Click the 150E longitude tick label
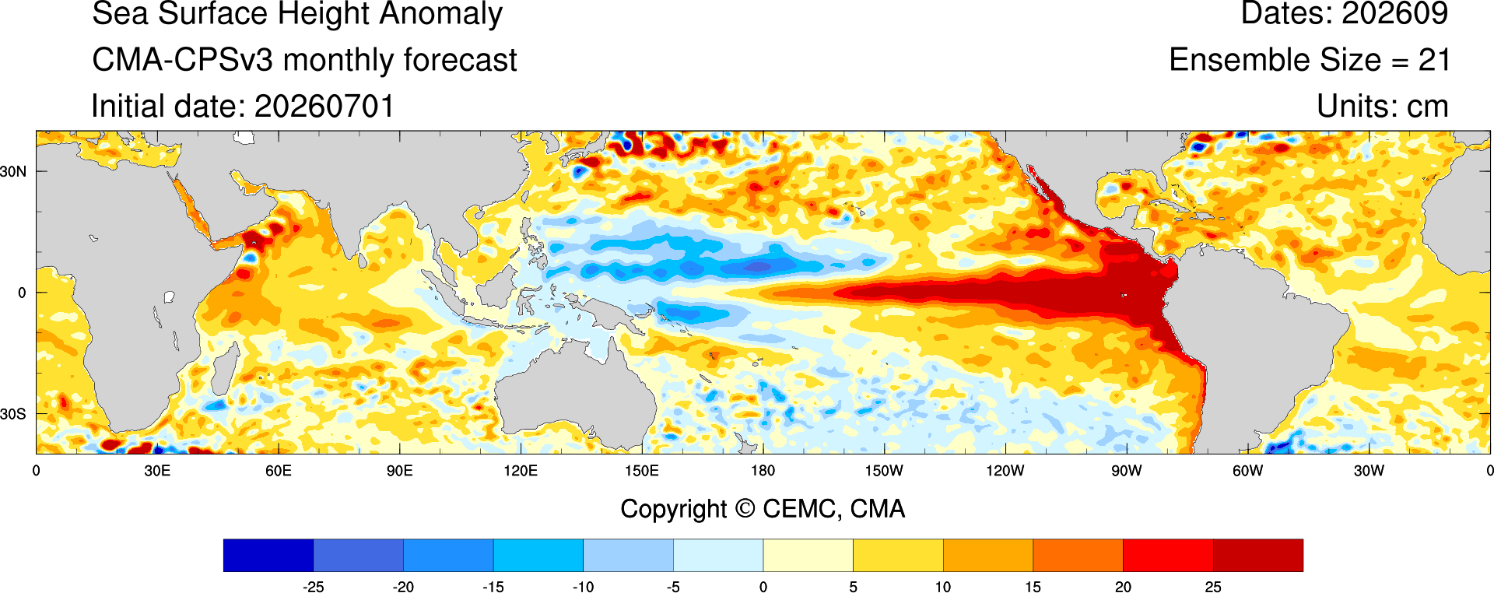click(642, 471)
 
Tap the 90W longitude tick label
click(1127, 471)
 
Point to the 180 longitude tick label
click(763, 471)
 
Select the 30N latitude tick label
click(13, 171)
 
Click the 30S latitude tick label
click(13, 414)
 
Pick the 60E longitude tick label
click(279, 471)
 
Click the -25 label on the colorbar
click(313, 587)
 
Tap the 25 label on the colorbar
click(1213, 587)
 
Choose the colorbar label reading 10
click(943, 587)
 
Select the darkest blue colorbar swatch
click(268, 555)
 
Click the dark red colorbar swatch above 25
click(1257, 555)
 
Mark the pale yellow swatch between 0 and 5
click(808, 555)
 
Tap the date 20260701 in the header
click(324, 107)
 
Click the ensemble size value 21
click(1434, 60)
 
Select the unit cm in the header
click(1427, 107)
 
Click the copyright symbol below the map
click(745, 509)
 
